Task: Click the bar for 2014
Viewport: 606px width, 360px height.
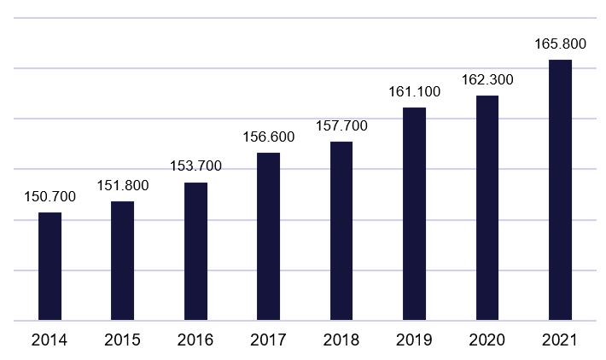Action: tap(50, 266)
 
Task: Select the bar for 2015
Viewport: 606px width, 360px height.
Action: tap(123, 261)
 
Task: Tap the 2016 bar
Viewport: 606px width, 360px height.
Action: tap(195, 252)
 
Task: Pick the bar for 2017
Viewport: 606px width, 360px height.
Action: tap(269, 237)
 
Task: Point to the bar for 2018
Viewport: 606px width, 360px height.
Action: tap(341, 231)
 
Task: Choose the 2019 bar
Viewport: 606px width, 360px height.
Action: tap(414, 214)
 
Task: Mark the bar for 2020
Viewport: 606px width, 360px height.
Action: tap(487, 208)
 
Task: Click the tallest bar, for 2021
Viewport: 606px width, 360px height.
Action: tap(560, 190)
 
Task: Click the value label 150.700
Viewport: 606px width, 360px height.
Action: tap(50, 197)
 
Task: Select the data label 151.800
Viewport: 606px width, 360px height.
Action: tap(123, 186)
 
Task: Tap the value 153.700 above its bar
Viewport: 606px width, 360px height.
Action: tap(195, 166)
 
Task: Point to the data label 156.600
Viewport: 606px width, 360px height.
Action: tap(269, 137)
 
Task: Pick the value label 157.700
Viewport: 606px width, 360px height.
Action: tap(341, 126)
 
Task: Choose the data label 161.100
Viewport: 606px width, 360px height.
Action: tap(414, 92)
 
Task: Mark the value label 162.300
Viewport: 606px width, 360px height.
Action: tap(487, 80)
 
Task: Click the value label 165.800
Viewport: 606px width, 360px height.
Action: tap(560, 44)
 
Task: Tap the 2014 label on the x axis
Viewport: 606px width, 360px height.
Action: tap(50, 340)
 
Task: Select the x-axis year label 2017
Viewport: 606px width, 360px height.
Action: tap(269, 340)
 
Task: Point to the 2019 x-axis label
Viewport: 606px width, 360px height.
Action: tap(414, 340)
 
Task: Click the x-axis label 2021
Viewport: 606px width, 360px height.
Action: tap(560, 340)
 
